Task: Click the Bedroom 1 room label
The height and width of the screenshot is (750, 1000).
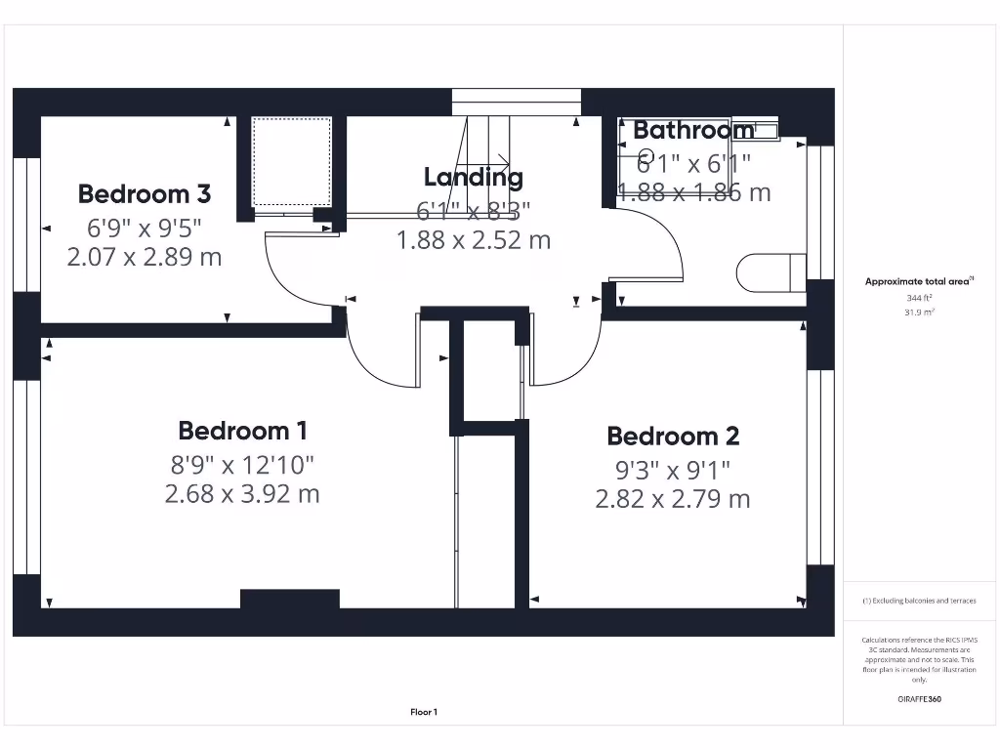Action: tap(243, 431)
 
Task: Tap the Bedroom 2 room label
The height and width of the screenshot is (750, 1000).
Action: tap(673, 437)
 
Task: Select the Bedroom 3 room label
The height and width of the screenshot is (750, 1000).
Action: tap(145, 193)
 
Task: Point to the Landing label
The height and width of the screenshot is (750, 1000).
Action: tap(473, 178)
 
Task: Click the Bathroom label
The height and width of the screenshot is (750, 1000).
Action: tap(693, 130)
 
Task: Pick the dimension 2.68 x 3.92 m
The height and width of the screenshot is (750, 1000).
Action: tap(242, 494)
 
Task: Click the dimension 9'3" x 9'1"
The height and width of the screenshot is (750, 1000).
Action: tap(673, 470)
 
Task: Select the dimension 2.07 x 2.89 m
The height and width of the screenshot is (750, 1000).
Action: tap(145, 258)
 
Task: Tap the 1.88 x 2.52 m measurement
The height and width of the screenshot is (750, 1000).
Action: tap(473, 239)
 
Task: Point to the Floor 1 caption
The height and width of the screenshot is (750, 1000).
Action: tap(424, 713)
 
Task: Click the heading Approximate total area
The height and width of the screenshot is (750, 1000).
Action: tap(918, 281)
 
